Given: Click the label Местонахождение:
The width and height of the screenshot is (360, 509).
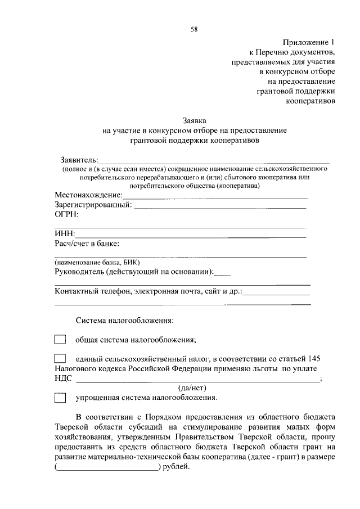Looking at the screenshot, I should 88,195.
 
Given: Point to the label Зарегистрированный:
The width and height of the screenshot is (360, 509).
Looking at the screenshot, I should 93,204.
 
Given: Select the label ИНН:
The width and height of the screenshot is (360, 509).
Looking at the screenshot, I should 65,233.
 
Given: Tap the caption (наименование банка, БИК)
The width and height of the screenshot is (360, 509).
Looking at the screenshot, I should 97,262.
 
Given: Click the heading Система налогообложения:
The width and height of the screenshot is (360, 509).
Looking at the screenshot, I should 125,321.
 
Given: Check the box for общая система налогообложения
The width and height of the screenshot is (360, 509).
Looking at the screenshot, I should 60,340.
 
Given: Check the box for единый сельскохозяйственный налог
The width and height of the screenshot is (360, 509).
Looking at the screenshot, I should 60,358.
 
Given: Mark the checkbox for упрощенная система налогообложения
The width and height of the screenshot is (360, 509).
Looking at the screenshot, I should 60,398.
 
